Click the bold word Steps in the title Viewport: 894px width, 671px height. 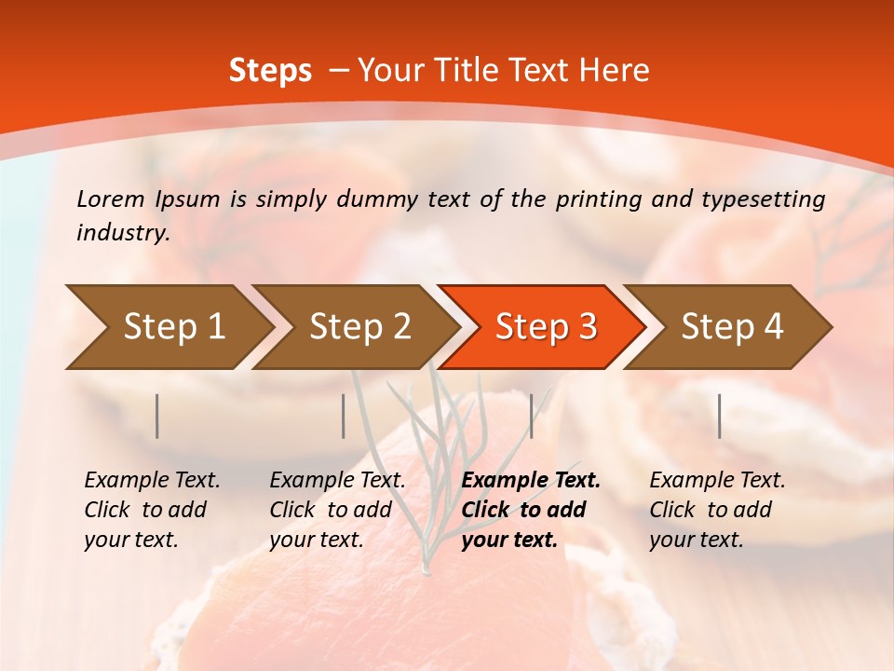pos(270,71)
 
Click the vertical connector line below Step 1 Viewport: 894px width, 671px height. pos(157,416)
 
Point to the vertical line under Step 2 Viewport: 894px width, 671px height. pos(344,416)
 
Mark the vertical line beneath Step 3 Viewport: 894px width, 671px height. pos(532,416)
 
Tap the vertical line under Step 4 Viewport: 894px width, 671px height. pos(720,416)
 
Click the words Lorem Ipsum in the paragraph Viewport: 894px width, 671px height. pos(148,199)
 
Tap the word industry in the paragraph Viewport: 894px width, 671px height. pos(121,233)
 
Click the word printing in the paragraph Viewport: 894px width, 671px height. pos(590,199)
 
